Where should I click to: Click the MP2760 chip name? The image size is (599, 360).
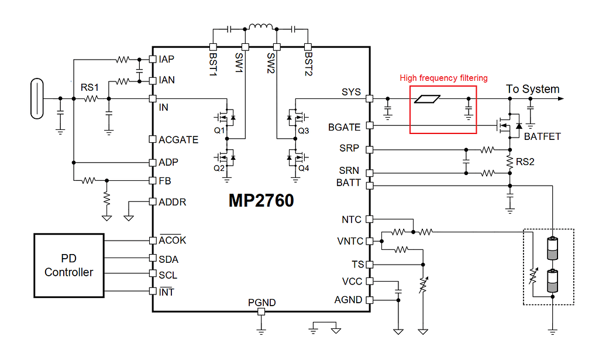(261, 201)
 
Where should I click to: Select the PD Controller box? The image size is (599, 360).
(69, 265)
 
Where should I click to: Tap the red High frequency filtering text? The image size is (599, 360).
(443, 78)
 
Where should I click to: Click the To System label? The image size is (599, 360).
(532, 89)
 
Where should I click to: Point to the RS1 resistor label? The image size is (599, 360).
(90, 87)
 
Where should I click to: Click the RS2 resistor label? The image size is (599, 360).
(526, 161)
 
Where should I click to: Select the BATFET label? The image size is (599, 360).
(542, 136)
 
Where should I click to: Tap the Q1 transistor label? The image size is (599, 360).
(219, 131)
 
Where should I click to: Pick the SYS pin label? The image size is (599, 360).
(351, 92)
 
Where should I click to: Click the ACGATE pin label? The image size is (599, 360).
(178, 140)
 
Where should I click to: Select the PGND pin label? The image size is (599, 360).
(261, 303)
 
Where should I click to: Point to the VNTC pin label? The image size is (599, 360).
(350, 241)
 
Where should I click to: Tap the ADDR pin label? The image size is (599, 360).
(173, 202)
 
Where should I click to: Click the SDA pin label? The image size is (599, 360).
(168, 259)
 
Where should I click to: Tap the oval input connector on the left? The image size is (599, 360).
(37, 98)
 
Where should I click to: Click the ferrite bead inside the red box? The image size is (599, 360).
(427, 99)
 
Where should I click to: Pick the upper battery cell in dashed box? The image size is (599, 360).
(552, 248)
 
